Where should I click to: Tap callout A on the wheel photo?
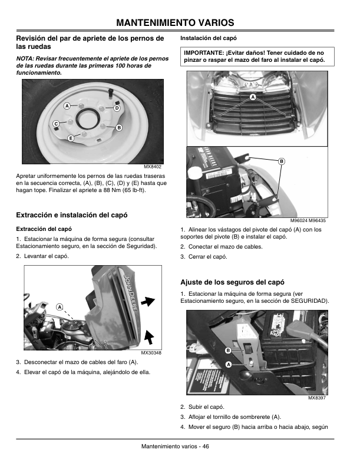67,105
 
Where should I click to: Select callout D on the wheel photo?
117,108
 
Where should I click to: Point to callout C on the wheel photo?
55,124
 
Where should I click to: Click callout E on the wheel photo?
70,138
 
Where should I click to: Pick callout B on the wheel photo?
118,128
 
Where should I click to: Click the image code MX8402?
153,167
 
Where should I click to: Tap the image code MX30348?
151,352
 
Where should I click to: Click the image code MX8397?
317,398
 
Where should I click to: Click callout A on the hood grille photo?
252,96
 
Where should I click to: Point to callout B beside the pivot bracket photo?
281,161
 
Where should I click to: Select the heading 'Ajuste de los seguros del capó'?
232,282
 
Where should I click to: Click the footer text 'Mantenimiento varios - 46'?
176,446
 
